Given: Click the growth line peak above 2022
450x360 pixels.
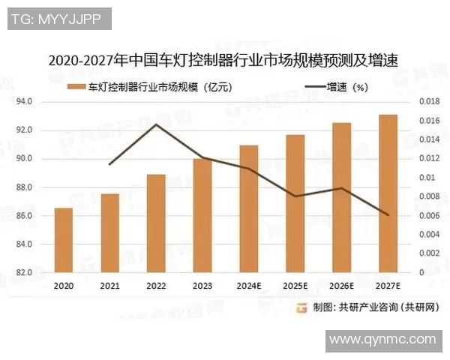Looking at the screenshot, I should coord(156,124).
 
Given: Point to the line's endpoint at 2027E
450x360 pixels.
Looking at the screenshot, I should coord(388,215).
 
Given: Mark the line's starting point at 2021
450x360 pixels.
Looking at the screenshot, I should coord(110,164).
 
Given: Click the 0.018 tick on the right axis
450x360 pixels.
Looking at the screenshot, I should coord(427,101).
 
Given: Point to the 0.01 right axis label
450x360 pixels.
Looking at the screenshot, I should coord(424,178).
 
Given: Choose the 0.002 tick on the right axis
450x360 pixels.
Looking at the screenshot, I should coord(427,253).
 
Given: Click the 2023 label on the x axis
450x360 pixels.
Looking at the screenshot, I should coord(202,286).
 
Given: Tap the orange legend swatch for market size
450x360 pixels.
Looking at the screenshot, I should coord(76,87).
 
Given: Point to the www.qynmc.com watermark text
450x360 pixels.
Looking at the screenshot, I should coord(382,339).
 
